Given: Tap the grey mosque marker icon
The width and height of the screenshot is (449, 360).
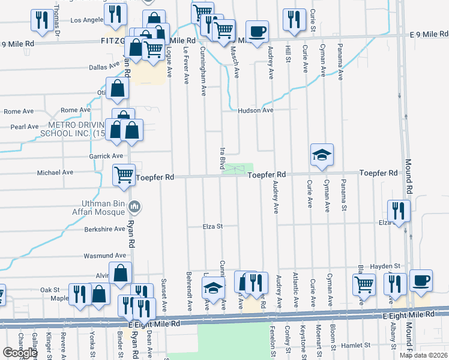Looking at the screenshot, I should (x=134, y=207).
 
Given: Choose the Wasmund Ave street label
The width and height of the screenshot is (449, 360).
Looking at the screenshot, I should (x=104, y=256).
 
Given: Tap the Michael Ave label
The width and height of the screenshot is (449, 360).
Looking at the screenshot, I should (x=55, y=172).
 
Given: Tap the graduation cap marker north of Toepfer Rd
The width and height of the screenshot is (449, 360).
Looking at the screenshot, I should (x=322, y=155).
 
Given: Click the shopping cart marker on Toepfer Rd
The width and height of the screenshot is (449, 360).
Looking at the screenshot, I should (x=124, y=175).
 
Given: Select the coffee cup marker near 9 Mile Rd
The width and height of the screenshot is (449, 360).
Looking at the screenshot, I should (x=257, y=31).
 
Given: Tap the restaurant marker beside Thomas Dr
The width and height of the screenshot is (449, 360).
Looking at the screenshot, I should (x=42, y=19).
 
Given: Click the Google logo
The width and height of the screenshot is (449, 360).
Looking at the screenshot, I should (x=20, y=352).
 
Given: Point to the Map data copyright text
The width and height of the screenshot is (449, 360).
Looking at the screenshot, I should (x=423, y=355).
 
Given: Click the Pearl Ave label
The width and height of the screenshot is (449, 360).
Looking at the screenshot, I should (x=25, y=127).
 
